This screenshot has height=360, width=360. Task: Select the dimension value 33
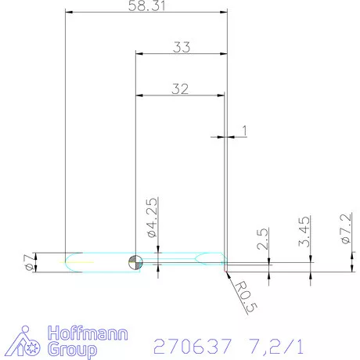click(x=182, y=47)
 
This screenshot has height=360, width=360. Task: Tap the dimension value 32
click(x=180, y=88)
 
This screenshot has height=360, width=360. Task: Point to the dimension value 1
click(x=244, y=131)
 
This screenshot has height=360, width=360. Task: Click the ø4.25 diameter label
click(x=153, y=218)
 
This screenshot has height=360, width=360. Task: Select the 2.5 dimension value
click(x=263, y=237)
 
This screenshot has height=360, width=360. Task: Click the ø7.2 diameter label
click(x=346, y=231)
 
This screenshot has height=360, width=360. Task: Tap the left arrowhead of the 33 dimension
click(x=140, y=53)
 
